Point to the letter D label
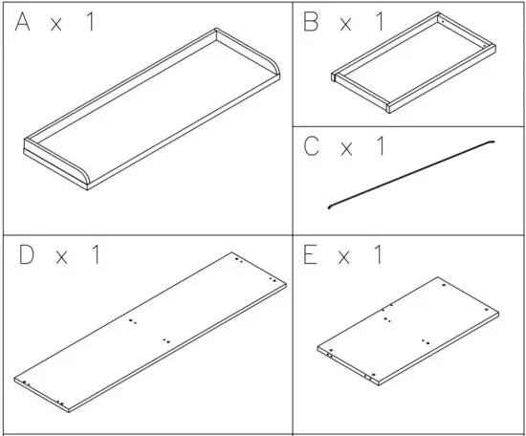(x=29, y=256)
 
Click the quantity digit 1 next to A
(x=91, y=23)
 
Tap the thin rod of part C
(x=411, y=173)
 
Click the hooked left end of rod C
(x=330, y=205)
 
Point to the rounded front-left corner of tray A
(x=84, y=182)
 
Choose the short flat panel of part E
(x=411, y=335)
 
